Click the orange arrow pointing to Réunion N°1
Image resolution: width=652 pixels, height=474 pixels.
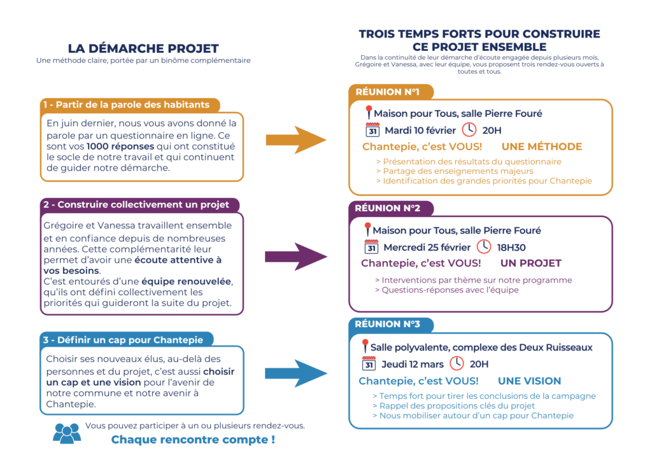(x=295, y=140)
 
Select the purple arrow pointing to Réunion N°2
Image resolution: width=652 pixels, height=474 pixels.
(x=295, y=256)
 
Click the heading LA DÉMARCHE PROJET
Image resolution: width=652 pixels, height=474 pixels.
(x=143, y=48)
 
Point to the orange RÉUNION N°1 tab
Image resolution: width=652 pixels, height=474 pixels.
(x=387, y=92)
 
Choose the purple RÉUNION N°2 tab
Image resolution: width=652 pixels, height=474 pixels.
(x=387, y=208)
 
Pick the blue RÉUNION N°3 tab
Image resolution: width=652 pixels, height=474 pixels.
(x=387, y=324)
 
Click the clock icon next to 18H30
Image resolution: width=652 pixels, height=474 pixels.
(x=484, y=247)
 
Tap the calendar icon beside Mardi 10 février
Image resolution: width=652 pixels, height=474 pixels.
(x=373, y=130)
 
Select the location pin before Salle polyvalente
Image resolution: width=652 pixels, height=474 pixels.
(x=365, y=347)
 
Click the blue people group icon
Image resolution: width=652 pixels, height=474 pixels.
(x=67, y=433)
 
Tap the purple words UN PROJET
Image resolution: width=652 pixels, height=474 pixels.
(x=530, y=263)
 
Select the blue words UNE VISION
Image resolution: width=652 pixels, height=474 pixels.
(x=529, y=381)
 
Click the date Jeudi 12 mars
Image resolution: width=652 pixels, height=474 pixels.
(x=412, y=365)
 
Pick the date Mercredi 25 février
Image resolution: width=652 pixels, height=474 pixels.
(x=427, y=247)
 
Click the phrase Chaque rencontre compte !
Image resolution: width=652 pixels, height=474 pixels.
(x=193, y=439)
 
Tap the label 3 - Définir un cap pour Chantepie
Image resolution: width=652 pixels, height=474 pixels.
(x=127, y=340)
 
